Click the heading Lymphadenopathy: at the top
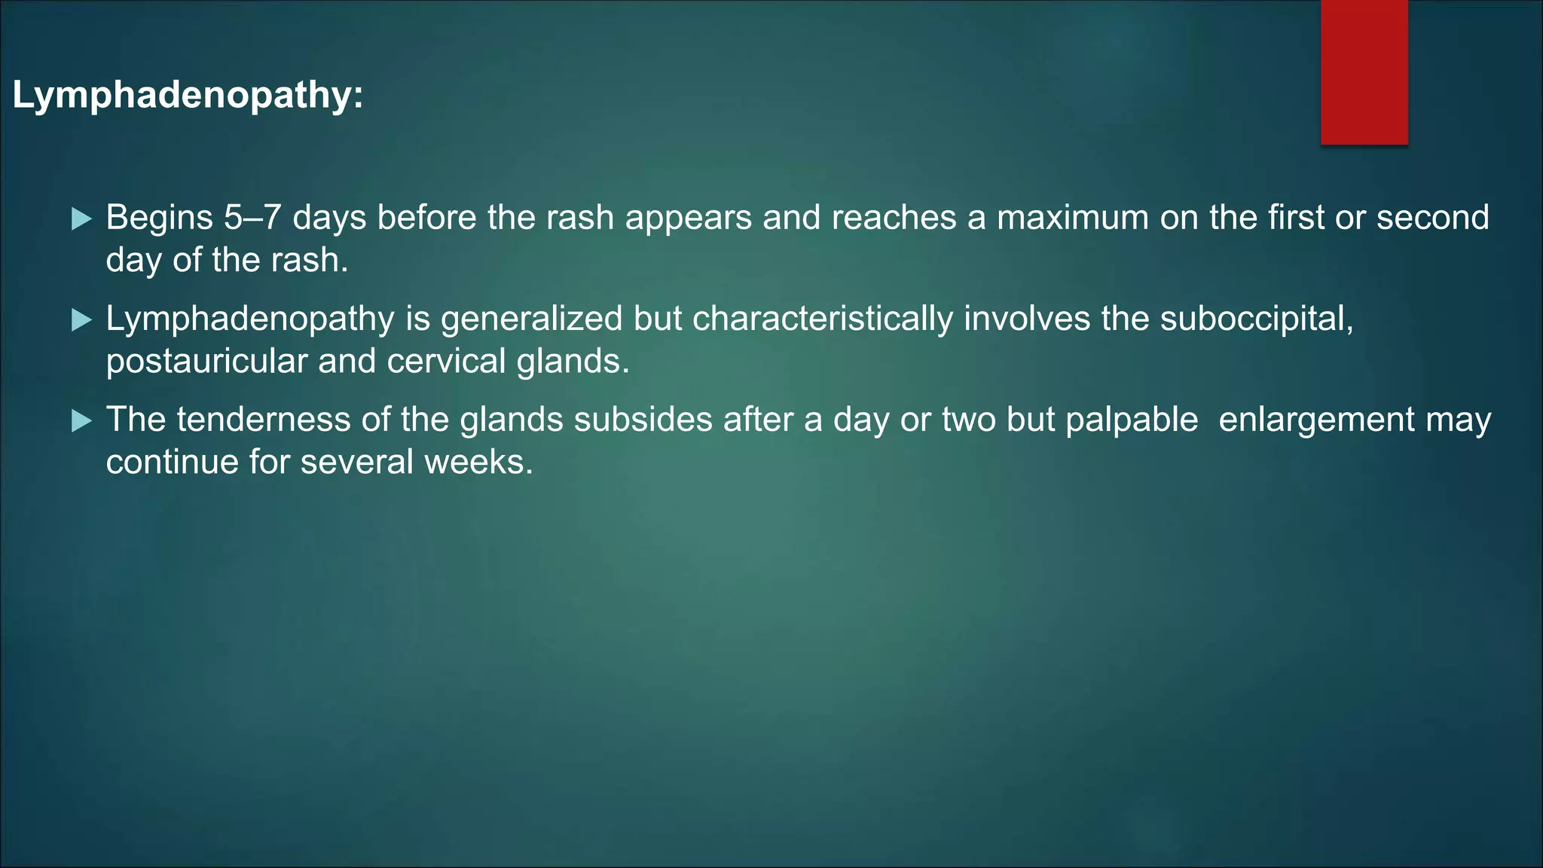point(188,96)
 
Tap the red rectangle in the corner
point(1364,72)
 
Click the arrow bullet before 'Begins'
point(81,219)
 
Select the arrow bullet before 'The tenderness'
point(81,421)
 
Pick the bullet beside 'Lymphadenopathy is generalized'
point(81,320)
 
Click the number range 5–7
point(252,218)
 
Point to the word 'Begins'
point(159,219)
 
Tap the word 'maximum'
point(1073,218)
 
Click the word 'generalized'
point(531,319)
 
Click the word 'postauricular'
point(206,362)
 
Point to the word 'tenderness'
point(263,420)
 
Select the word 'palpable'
point(1132,420)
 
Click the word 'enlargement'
point(1316,420)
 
